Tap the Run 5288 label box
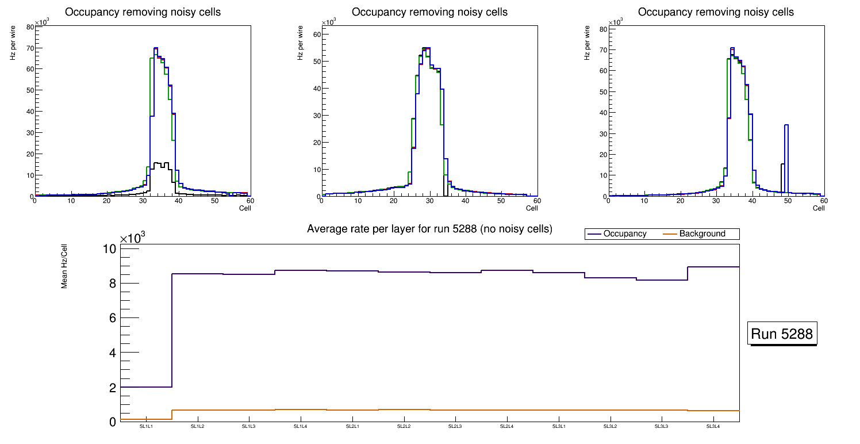tap(783, 334)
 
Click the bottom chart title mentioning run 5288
tap(429, 229)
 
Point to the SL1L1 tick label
tap(146, 427)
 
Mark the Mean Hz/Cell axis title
tap(64, 268)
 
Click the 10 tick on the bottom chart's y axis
tap(109, 248)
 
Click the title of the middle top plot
tap(429, 12)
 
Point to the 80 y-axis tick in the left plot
tap(29, 26)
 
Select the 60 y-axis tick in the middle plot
tap(316, 34)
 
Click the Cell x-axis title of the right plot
tap(819, 208)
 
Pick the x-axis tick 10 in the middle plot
tap(358, 201)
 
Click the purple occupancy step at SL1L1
tap(146, 387)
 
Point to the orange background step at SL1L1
tap(146, 419)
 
